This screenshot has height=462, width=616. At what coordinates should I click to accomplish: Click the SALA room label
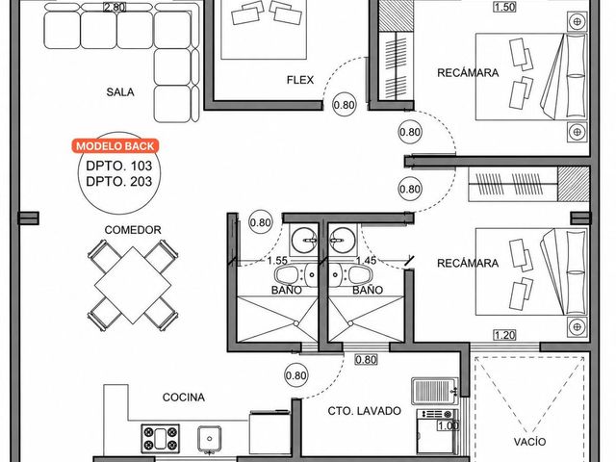click(x=120, y=92)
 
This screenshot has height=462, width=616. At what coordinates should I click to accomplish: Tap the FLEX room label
click(x=300, y=80)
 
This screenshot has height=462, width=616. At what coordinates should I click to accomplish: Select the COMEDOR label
click(x=133, y=230)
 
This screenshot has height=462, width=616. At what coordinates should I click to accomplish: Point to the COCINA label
click(x=184, y=398)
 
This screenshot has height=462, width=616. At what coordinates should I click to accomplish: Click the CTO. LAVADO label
click(x=364, y=411)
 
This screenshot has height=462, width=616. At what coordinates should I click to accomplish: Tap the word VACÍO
click(x=529, y=442)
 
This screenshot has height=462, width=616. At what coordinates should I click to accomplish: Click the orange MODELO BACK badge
click(x=115, y=146)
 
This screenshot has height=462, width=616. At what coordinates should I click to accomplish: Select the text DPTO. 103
click(x=118, y=166)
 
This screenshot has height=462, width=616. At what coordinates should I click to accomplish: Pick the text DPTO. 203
click(x=118, y=182)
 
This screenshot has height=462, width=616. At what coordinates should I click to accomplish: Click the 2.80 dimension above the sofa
click(x=115, y=7)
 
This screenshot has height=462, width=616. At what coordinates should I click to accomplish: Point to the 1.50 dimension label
click(x=504, y=7)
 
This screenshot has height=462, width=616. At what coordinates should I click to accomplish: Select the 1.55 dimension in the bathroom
click(x=277, y=261)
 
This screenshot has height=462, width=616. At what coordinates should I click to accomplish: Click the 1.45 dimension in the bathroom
click(x=366, y=260)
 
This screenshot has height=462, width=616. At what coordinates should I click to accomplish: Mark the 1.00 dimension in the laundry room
click(x=449, y=425)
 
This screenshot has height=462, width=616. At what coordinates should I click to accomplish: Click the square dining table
click(x=133, y=285)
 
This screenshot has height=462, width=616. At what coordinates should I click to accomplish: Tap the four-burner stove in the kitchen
click(x=161, y=439)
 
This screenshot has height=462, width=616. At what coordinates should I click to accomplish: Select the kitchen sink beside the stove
click(x=210, y=438)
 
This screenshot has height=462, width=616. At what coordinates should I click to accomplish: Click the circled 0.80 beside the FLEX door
click(x=345, y=105)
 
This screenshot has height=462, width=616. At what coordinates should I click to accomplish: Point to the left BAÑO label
click(x=287, y=291)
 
